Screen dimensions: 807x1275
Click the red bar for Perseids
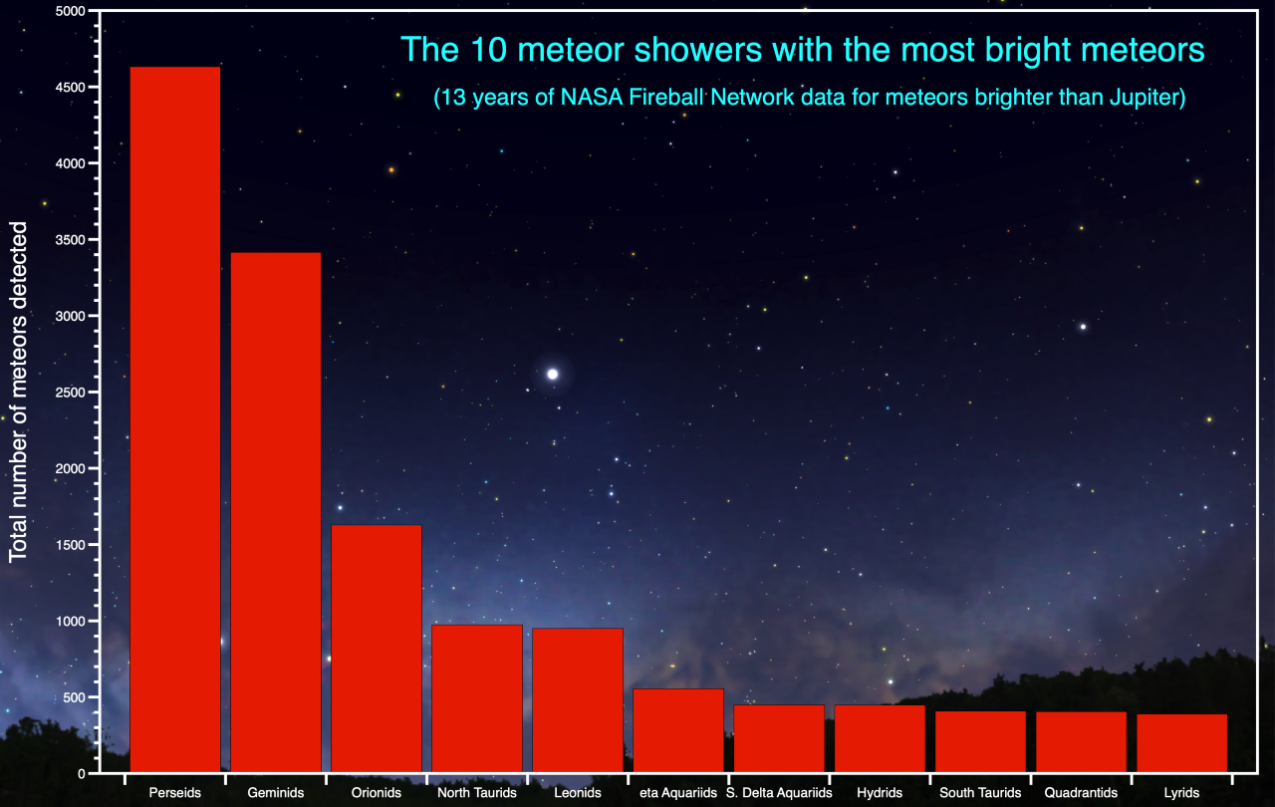tap(175, 418)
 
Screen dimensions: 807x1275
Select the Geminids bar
tap(276, 512)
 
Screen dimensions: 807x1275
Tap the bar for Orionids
tap(377, 648)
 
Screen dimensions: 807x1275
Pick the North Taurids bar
tap(477, 697)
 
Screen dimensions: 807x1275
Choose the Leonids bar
tap(578, 699)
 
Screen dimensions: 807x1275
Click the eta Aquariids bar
tap(678, 729)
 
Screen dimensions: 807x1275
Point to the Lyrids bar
tap(1181, 742)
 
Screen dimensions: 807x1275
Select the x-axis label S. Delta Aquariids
tap(779, 793)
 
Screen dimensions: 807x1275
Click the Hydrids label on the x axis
tap(880, 793)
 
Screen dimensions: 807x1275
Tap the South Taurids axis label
tap(980, 793)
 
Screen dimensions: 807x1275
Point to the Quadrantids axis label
tap(1081, 793)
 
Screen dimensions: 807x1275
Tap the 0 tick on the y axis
tap(81, 773)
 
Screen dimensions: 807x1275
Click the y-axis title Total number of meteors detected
tap(19, 392)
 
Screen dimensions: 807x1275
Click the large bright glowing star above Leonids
tap(553, 374)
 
